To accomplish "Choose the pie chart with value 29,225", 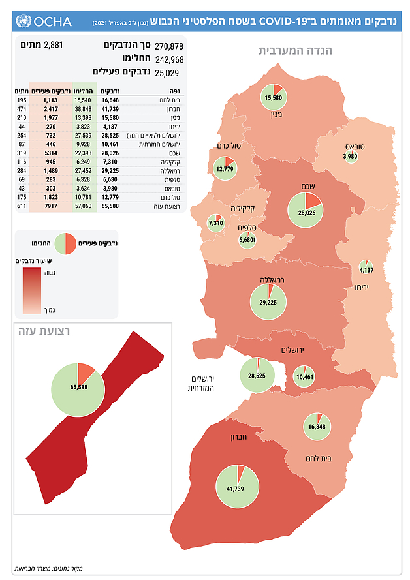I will (x=268, y=301).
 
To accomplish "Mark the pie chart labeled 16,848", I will (x=317, y=427).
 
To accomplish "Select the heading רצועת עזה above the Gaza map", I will (x=44, y=331).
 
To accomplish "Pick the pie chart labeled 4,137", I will (x=366, y=269).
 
